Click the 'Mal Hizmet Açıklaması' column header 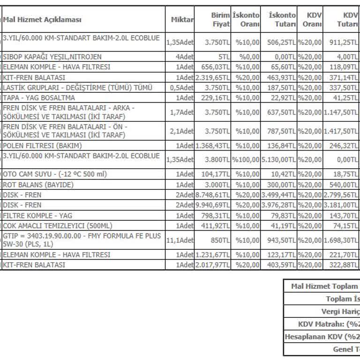click(42, 20)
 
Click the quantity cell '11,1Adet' click(180, 240)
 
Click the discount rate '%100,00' click(246, 159)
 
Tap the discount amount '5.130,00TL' click(279, 159)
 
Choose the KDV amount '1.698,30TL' click(341, 240)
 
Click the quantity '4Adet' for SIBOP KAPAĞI click(184, 57)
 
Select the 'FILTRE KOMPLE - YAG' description click(35, 215)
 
